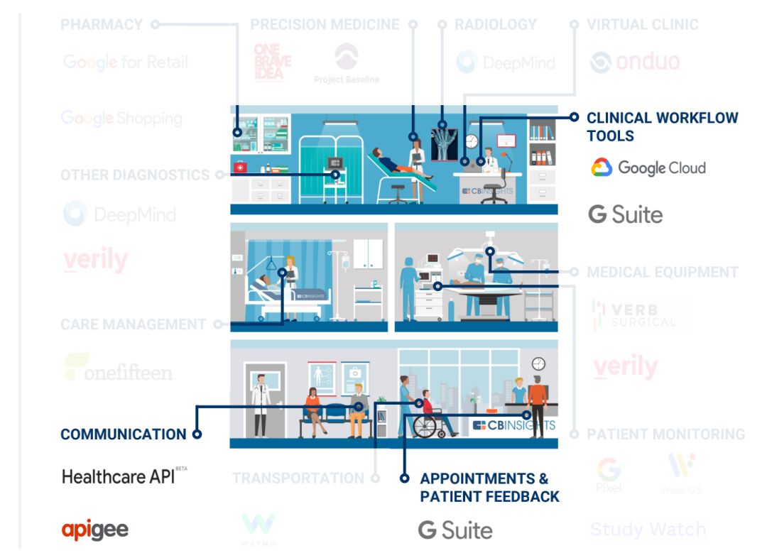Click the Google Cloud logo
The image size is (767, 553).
click(648, 168)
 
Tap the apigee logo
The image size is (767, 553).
click(95, 530)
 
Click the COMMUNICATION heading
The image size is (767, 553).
click(123, 434)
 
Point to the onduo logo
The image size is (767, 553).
click(634, 62)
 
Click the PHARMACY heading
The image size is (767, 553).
click(102, 25)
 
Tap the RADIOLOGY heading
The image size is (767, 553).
click(496, 25)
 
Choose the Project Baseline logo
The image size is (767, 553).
click(347, 64)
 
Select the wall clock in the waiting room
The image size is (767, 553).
click(538, 363)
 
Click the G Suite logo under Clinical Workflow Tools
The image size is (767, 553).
click(625, 214)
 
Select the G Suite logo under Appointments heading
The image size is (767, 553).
click(455, 530)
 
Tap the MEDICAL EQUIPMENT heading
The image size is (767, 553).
click(662, 273)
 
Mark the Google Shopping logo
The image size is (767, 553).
click(121, 118)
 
